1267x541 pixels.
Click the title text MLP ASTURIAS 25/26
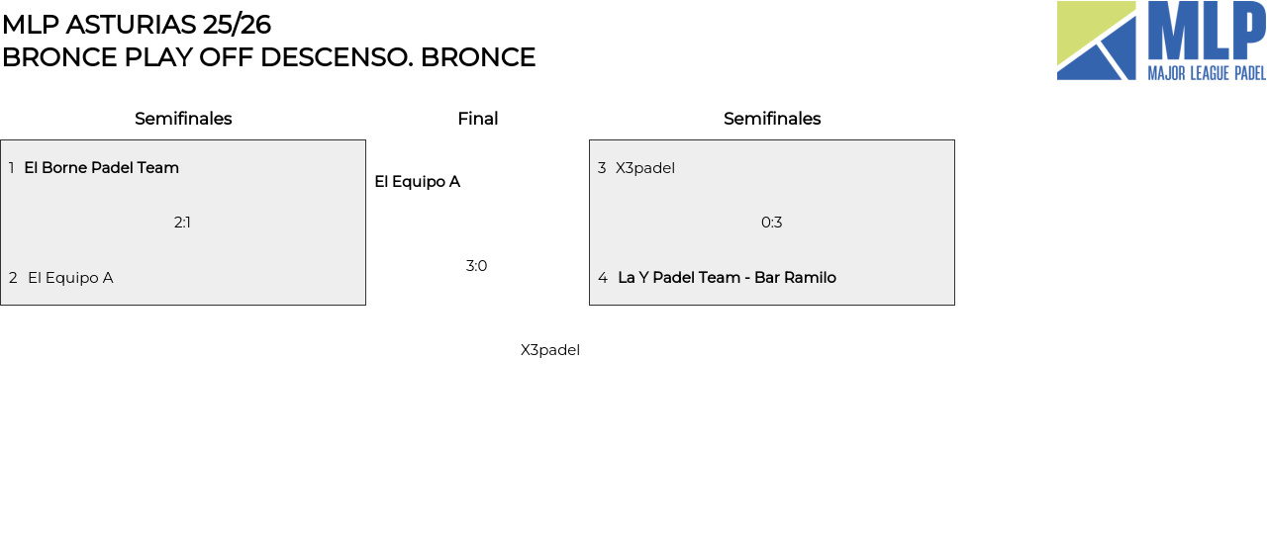click(x=136, y=25)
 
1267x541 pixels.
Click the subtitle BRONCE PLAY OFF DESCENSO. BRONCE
click(x=268, y=57)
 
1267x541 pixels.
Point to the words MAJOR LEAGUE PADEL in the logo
click(x=1206, y=73)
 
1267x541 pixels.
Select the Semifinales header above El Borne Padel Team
click(x=183, y=119)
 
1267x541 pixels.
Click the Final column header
click(x=477, y=119)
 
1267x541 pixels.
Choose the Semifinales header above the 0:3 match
click(x=772, y=119)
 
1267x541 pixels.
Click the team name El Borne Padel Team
click(x=101, y=168)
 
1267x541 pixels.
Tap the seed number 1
click(x=12, y=168)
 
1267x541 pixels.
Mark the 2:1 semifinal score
click(x=182, y=223)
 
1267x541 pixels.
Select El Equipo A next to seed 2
click(x=70, y=278)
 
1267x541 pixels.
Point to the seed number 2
click(x=13, y=278)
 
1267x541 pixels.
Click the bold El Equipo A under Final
click(x=417, y=182)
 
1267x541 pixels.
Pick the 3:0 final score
click(x=476, y=266)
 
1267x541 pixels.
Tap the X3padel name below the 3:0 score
click(x=550, y=350)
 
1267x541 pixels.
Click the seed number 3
click(x=602, y=168)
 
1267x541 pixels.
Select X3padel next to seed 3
click(x=645, y=168)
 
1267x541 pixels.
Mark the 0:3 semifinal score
click(x=771, y=223)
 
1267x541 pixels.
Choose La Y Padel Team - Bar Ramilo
click(x=727, y=278)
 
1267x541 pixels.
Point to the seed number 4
click(x=603, y=278)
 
